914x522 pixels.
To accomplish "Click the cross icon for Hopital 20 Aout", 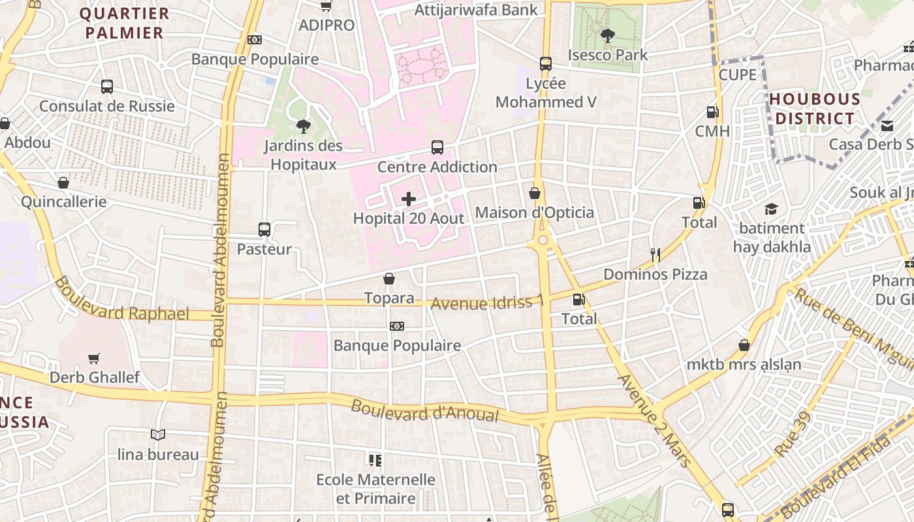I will click(409, 199).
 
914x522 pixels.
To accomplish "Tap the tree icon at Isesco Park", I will click(608, 35).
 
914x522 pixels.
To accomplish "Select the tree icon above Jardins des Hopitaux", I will click(303, 126).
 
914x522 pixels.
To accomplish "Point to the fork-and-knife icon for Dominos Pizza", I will click(655, 254).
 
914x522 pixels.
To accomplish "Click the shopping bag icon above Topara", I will click(389, 279).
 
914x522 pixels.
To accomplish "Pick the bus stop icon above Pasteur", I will click(264, 229).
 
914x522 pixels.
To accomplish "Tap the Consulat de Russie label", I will click(107, 106).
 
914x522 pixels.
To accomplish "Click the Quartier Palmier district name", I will click(124, 23).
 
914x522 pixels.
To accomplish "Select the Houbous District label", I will click(814, 109).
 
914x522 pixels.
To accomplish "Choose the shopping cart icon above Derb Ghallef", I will click(94, 358).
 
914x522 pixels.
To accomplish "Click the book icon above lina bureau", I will click(157, 435).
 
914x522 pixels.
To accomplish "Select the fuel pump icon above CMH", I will click(712, 112).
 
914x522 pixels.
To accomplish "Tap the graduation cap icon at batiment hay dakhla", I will click(772, 209).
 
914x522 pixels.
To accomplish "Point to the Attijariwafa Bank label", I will click(476, 10).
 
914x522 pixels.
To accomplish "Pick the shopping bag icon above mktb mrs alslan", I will click(744, 345).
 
